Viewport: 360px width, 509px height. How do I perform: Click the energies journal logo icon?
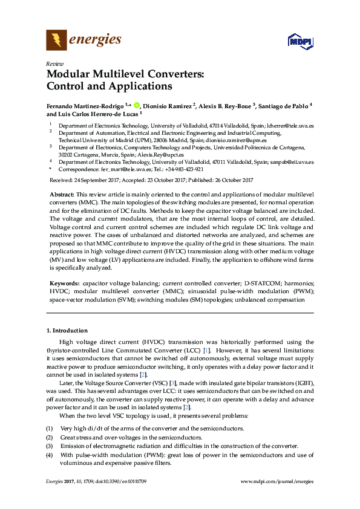pos(57,41)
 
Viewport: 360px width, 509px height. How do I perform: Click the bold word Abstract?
pos(61,194)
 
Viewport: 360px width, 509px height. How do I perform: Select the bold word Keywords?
pos(63,283)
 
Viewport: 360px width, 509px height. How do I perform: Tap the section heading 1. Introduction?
pos(67,331)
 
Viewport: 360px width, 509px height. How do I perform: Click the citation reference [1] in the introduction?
pos(207,349)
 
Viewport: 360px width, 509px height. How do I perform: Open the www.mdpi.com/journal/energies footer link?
pos(277,481)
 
